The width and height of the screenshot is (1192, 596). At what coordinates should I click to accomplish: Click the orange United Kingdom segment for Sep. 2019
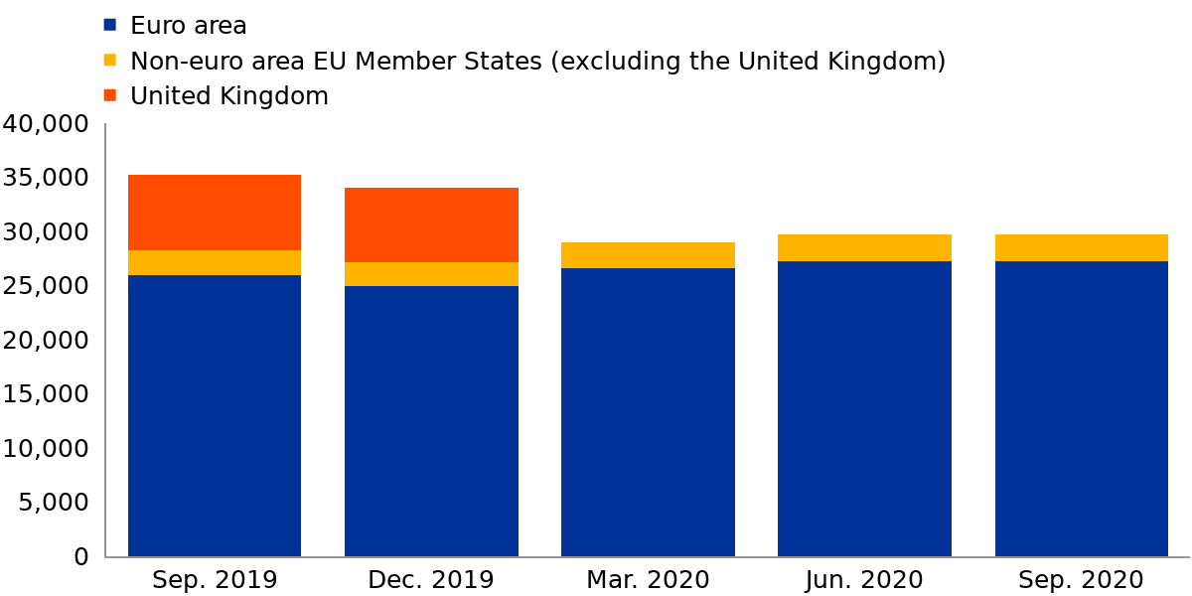(215, 213)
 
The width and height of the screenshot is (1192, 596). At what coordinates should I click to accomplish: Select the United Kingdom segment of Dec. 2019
(431, 224)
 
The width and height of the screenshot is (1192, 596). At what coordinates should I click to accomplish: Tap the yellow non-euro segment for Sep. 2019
(215, 263)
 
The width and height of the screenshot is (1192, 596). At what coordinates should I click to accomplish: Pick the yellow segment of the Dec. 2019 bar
(431, 274)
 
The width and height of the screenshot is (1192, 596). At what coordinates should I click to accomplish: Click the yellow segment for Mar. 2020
(648, 255)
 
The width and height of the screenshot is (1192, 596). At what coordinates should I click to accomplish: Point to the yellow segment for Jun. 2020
(864, 248)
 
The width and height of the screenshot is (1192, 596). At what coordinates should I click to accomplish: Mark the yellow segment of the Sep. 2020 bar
(1081, 248)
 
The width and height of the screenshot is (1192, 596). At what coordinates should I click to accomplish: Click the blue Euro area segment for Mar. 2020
(648, 412)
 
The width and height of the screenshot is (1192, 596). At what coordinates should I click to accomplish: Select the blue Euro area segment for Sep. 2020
(1081, 408)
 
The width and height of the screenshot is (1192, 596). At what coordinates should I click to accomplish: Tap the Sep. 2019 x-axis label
(215, 580)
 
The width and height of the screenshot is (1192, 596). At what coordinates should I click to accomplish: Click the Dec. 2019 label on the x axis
(431, 580)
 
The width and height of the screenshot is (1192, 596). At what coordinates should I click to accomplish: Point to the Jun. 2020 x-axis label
(864, 580)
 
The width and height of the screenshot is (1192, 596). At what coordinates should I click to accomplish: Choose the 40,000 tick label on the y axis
(46, 124)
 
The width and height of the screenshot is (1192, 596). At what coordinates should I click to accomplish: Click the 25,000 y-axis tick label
(46, 286)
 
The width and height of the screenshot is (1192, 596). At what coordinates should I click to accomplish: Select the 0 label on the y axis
(81, 556)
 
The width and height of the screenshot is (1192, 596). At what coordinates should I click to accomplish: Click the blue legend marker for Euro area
(110, 25)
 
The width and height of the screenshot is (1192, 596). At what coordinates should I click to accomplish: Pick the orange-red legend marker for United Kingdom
(110, 96)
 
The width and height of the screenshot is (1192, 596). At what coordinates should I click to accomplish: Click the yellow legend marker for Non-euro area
(110, 61)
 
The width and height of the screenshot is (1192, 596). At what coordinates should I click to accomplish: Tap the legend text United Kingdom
(229, 96)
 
